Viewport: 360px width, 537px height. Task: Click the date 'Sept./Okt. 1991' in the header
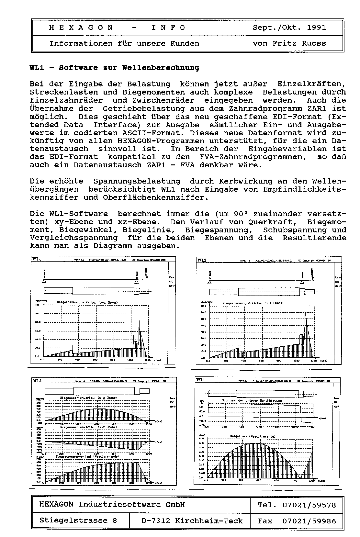289,28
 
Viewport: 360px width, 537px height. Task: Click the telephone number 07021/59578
309,505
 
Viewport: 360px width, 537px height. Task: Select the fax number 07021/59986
309,521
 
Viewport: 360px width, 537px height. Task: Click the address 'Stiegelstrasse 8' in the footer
78,520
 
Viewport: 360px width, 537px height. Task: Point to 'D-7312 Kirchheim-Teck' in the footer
192,521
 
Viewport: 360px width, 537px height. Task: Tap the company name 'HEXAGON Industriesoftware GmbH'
112,505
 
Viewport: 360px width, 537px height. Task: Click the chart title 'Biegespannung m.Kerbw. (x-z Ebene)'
87,302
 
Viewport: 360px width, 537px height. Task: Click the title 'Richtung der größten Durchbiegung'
252,400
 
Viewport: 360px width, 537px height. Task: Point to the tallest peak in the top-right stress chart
305,312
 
